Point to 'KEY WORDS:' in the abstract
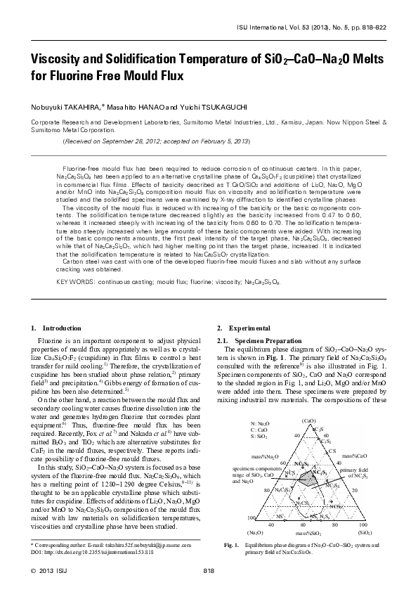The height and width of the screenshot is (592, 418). click(74, 301)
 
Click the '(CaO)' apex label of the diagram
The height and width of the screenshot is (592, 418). click(307, 422)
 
